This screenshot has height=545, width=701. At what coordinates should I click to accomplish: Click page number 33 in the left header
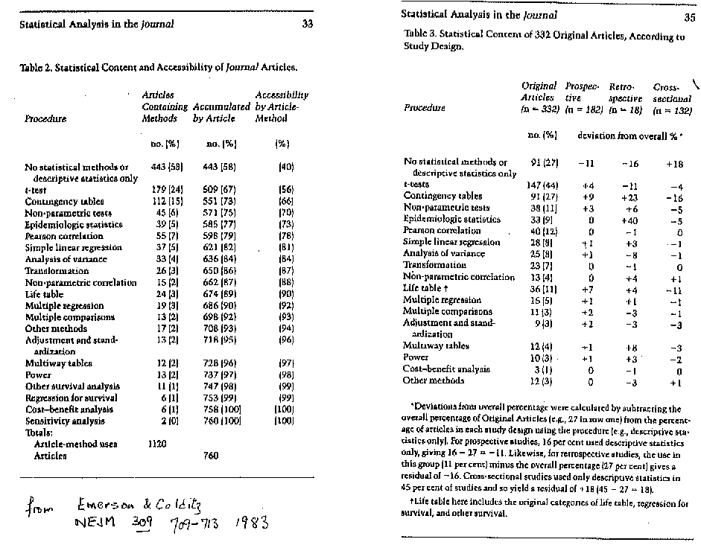point(308,24)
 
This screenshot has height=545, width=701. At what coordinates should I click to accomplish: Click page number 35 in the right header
point(689,18)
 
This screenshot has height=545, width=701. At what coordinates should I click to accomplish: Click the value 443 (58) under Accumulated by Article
point(219,168)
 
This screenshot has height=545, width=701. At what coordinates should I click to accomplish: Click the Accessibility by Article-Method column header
point(282,106)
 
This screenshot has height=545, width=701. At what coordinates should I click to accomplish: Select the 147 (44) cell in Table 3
point(542,185)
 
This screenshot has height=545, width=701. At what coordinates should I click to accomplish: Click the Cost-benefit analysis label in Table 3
point(447,369)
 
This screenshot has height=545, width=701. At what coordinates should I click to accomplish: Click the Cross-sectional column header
point(671,98)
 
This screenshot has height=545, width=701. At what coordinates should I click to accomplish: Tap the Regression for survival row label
point(72,398)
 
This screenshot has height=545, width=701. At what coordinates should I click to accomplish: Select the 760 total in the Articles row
point(211,456)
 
